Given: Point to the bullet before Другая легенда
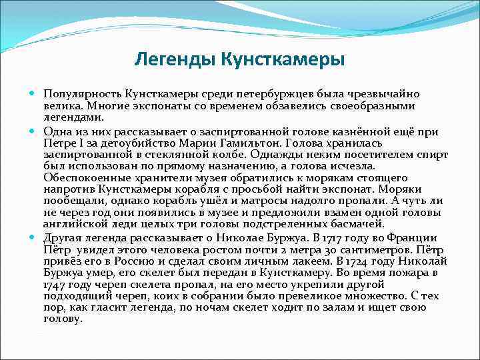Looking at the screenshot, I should [x=33, y=237].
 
